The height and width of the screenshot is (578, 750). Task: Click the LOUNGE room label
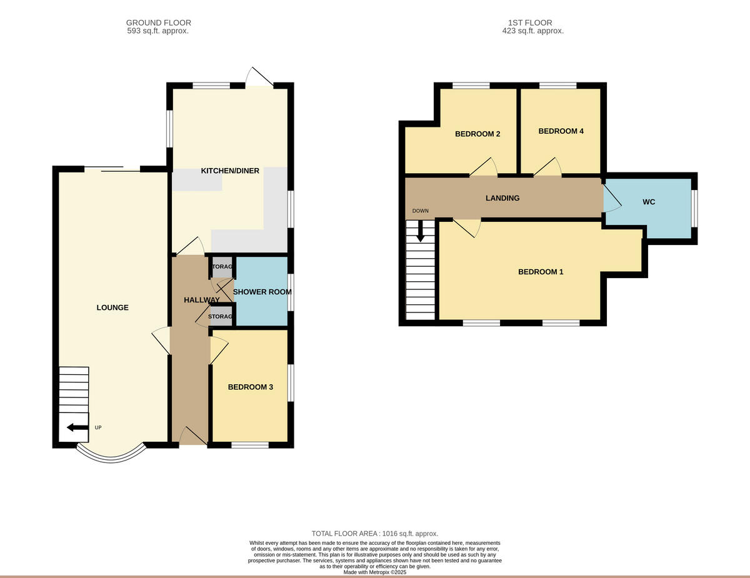(x=112, y=307)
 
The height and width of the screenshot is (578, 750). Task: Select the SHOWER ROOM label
(x=262, y=292)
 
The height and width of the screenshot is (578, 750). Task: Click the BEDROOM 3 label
(x=250, y=387)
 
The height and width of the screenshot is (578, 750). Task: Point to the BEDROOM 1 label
(x=541, y=272)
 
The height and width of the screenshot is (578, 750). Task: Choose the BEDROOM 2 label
(x=477, y=134)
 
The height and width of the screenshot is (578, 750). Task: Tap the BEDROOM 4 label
(x=561, y=131)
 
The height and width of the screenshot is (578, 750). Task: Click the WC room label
(x=649, y=202)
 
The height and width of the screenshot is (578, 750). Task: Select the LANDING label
(x=502, y=198)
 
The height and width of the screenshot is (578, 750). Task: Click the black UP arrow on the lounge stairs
(x=77, y=427)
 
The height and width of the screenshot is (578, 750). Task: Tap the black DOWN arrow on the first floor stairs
(x=421, y=232)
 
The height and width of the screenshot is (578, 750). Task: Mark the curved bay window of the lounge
(x=111, y=455)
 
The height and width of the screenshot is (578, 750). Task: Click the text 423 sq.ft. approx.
(x=532, y=31)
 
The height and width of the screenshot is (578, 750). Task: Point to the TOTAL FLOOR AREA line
(x=374, y=534)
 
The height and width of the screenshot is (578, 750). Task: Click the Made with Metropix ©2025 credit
(x=374, y=572)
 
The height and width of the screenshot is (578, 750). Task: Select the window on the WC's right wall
(x=694, y=207)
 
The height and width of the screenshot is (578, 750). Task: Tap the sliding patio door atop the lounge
(x=112, y=168)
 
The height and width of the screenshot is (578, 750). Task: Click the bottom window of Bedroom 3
(x=250, y=445)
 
